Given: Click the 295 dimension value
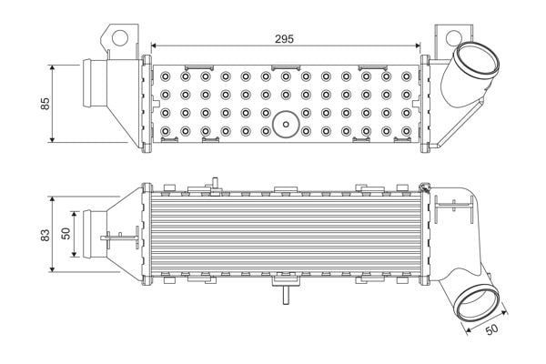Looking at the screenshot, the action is (x=284, y=39).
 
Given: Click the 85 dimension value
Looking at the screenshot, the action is (x=45, y=104).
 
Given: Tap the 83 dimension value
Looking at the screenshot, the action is (x=45, y=235).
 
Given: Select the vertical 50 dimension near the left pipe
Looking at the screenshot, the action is (x=66, y=233).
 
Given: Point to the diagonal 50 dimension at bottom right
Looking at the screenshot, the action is (x=491, y=329).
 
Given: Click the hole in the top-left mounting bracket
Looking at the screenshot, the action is (x=120, y=37).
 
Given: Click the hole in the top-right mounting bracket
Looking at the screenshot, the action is (x=453, y=38).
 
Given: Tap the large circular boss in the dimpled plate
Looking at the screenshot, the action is (x=286, y=125).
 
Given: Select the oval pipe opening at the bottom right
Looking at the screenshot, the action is (x=477, y=303).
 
